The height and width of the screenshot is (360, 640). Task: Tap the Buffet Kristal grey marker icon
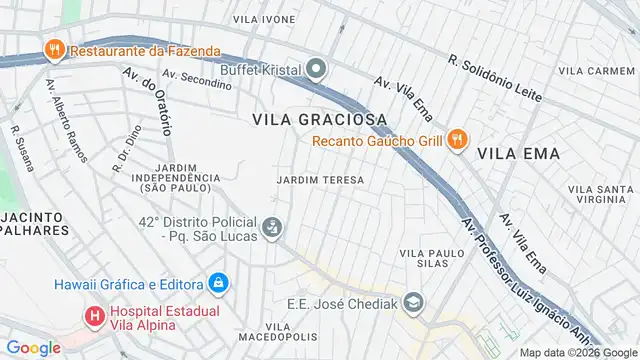(317, 69)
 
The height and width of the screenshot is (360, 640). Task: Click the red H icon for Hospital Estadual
(95, 317)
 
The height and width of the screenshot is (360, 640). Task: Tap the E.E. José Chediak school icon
(415, 300)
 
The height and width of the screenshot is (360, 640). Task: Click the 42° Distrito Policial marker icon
(271, 229)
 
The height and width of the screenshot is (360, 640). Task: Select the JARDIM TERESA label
(319, 179)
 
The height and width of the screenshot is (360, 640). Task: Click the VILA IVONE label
(264, 19)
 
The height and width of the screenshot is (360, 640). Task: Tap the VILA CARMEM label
(596, 71)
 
